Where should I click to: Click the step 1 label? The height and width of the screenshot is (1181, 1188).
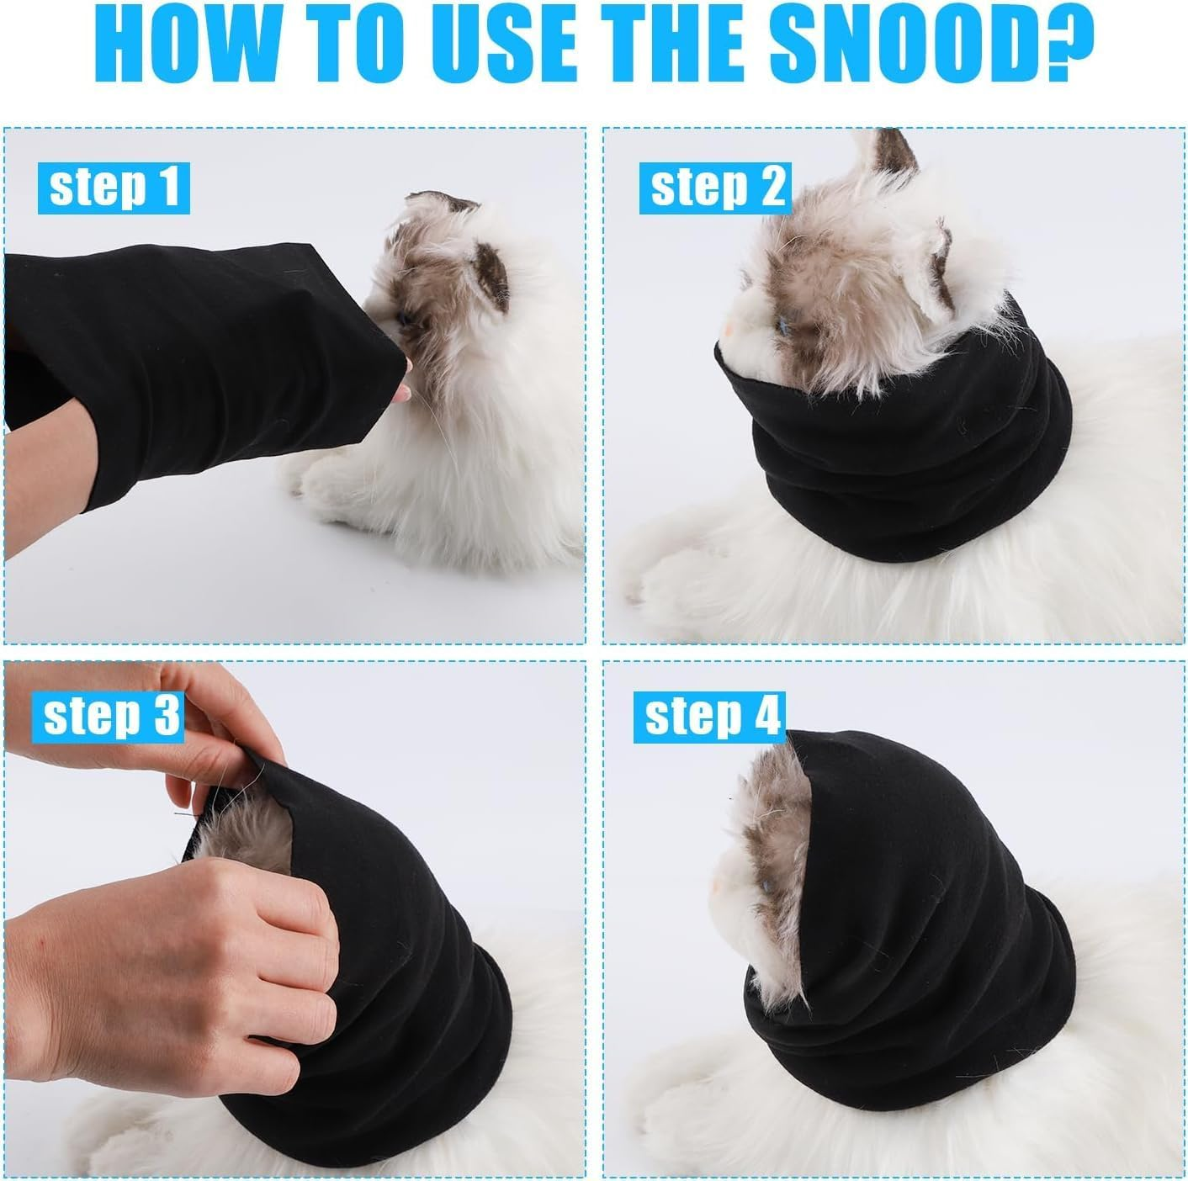point(114,188)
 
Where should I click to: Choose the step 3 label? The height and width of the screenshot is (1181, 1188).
point(111,715)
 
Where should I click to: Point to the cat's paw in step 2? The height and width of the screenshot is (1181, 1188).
point(665,580)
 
